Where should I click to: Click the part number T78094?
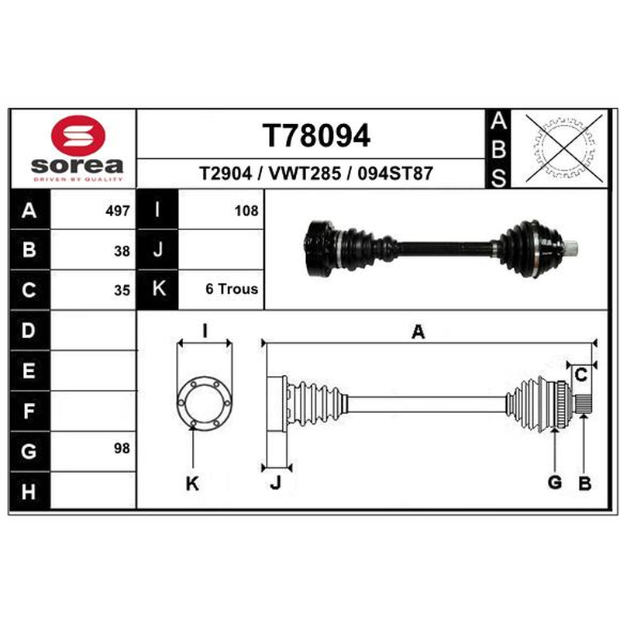pos(316,136)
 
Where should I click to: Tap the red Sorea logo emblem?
pos(78,135)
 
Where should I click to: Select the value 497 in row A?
pos(118,211)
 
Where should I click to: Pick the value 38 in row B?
pos(122,251)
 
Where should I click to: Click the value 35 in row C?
pos(122,290)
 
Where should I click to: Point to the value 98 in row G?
pos(122,449)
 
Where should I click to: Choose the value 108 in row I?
pos(246,211)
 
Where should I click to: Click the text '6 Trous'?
pos(232,289)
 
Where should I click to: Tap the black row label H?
pos(29,491)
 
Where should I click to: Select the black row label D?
pos(29,331)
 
